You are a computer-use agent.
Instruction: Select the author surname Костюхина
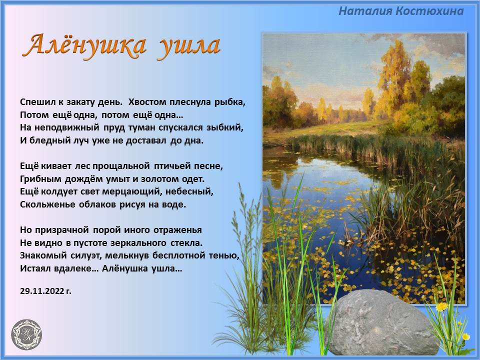(429, 11)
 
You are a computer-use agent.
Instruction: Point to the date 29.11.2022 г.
(45, 291)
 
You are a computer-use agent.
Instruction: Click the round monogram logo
(26, 334)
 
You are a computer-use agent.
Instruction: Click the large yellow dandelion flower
(441, 306)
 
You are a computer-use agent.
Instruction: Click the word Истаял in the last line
(36, 268)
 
